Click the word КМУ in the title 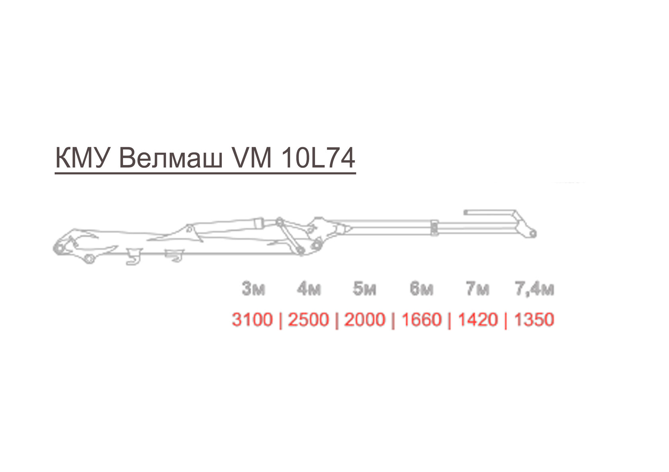pos(81,157)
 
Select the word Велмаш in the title pos(171,158)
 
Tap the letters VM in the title pos(252,157)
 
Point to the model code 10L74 pos(319,157)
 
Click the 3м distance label pos(254,289)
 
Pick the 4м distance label pos(309,289)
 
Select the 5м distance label pos(365,289)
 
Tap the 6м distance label pos(421,289)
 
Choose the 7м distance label pos(477,289)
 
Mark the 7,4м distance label pos(534,289)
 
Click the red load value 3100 pos(252,320)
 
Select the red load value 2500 pos(309,320)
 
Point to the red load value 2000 pos(365,320)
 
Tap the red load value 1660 pos(421,320)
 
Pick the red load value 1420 pos(478,320)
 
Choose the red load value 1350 pos(534,320)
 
